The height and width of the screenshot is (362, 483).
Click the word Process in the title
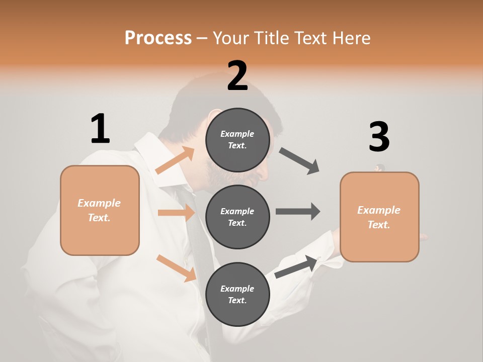[158, 38]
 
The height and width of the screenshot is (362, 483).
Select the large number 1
[100, 129]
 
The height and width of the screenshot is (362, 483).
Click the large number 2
[237, 76]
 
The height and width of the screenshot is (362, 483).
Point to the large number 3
[379, 137]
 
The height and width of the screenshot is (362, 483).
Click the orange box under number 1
[100, 210]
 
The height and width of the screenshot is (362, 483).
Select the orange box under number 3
[379, 217]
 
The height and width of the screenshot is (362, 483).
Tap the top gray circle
[237, 140]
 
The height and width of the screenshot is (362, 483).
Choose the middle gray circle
[237, 217]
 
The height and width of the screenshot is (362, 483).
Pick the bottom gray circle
[237, 294]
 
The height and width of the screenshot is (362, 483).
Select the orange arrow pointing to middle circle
[177, 213]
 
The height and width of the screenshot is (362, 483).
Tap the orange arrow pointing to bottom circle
[177, 267]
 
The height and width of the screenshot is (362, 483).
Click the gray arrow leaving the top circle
[299, 160]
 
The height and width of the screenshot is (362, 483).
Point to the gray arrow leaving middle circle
[298, 211]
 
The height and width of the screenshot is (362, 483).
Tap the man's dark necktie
[199, 236]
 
